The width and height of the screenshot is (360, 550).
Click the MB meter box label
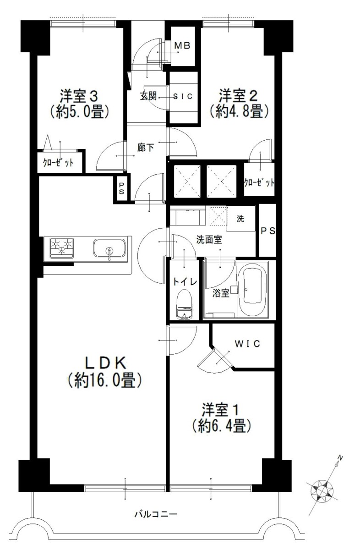pos(182,45)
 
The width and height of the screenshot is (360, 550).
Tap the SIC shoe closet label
pos(183,97)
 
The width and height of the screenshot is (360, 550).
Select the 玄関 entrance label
pos(148,96)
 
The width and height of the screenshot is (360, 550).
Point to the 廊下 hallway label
pos(145,148)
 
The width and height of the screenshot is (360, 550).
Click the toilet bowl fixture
pos(184,304)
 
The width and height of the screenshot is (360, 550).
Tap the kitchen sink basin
pos(109,248)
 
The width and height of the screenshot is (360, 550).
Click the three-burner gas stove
pos(61,248)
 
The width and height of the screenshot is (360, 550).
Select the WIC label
pos(247,343)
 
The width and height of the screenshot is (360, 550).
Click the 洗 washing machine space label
pos(240,219)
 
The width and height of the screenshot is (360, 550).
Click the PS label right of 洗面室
pos(268,231)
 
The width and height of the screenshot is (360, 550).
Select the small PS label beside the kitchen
pos(121,188)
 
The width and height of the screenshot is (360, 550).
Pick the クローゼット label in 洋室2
pos(259,182)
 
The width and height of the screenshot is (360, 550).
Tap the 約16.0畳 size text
pos(104,380)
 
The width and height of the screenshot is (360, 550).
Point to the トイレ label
pos(185,282)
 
